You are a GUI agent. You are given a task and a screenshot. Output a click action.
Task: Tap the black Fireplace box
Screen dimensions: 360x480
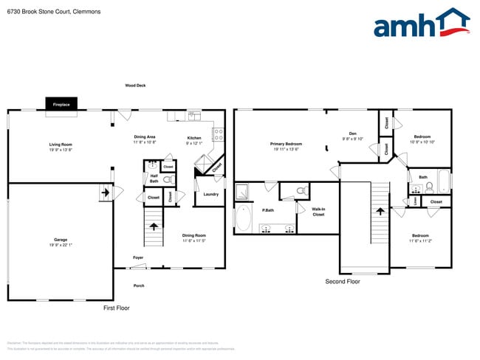point(61,105)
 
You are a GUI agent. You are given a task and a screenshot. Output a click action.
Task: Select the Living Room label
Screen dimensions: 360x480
point(61,147)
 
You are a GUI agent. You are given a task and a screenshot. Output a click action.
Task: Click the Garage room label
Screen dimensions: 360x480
point(61,241)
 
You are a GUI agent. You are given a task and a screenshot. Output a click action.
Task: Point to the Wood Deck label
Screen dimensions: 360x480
point(135,86)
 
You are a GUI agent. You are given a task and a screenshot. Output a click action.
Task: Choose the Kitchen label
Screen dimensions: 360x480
point(193,138)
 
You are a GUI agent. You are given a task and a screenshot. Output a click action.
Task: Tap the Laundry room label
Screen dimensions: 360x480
point(210,194)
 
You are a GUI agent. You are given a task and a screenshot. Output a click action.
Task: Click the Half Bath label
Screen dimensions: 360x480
point(154,178)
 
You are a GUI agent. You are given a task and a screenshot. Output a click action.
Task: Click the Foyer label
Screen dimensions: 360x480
point(138,257)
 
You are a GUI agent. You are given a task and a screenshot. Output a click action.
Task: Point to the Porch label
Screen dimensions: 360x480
point(139,285)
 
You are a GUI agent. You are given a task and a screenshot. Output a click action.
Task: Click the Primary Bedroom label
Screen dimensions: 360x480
point(286,146)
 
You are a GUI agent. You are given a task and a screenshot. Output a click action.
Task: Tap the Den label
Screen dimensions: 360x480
point(353,135)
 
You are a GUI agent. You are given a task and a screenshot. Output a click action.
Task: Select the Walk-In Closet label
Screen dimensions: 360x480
point(318,212)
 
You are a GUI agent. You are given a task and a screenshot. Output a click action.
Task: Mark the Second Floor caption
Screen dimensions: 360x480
point(343,282)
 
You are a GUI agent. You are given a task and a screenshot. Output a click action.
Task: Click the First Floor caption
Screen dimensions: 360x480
point(116,308)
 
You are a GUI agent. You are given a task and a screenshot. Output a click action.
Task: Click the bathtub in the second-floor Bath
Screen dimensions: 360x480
point(442,181)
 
